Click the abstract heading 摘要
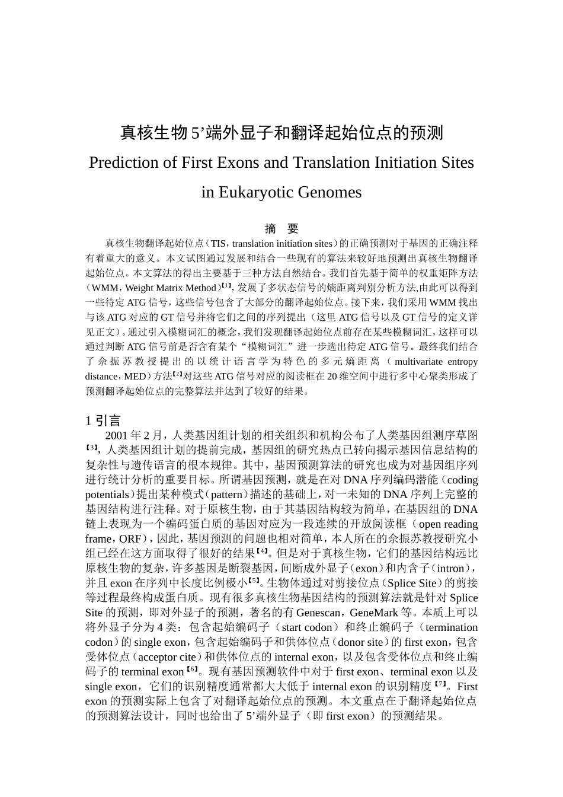281,229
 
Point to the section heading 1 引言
103,421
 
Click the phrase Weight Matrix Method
173,288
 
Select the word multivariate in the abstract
419,361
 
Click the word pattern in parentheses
227,495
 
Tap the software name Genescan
318,613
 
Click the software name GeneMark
376,613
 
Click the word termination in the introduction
452,627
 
